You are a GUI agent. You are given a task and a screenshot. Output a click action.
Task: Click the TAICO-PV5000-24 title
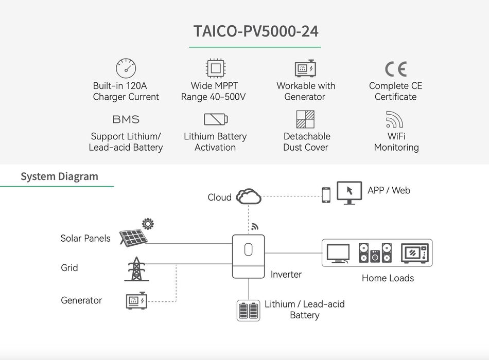tap(256, 31)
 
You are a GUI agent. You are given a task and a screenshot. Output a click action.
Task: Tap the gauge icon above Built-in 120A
tap(126, 68)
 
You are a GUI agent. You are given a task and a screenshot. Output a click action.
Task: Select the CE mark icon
tap(395, 69)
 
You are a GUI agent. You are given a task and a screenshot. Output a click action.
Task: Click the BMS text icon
tap(126, 119)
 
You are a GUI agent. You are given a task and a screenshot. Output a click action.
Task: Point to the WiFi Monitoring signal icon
tap(394, 119)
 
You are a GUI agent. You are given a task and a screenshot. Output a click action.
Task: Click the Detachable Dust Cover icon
tap(305, 119)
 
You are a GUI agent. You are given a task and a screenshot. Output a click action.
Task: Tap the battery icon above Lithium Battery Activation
tap(215, 119)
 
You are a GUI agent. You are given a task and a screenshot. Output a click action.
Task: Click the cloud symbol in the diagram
tap(249, 196)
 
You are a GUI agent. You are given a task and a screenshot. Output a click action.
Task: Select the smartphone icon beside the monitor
tap(326, 195)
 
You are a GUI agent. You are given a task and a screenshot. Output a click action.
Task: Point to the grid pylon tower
tap(136, 268)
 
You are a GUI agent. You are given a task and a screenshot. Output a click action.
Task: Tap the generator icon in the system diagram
tap(136, 301)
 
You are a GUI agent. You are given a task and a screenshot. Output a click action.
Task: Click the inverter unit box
tap(248, 256)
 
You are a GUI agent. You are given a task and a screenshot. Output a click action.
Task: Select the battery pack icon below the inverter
tap(248, 311)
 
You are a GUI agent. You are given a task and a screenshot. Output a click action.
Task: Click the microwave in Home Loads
tap(414, 253)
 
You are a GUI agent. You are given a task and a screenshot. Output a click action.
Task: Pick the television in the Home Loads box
tap(338, 253)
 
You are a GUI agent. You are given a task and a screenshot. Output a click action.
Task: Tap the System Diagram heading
tap(59, 176)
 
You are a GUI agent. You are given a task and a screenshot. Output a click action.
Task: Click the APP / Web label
tap(389, 190)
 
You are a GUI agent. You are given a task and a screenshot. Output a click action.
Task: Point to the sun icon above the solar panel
tap(148, 223)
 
